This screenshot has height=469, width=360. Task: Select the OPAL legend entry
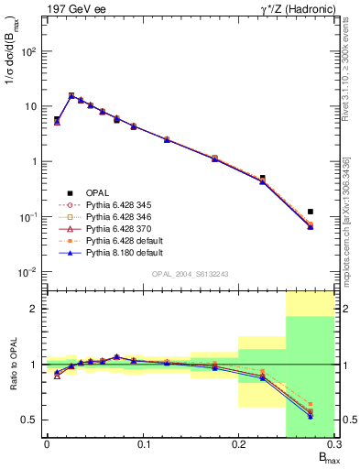98,192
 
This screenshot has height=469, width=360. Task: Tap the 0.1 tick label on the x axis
142,448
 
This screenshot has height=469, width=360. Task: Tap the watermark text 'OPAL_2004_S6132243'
190,274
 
